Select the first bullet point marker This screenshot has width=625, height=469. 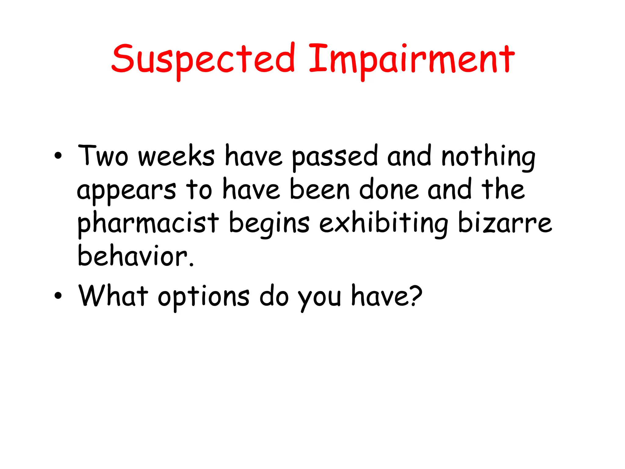[x=58, y=156]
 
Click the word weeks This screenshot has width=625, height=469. [x=176, y=156]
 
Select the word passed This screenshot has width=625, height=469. [x=335, y=158]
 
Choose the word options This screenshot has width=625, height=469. [x=204, y=297]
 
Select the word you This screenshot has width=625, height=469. [x=320, y=297]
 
